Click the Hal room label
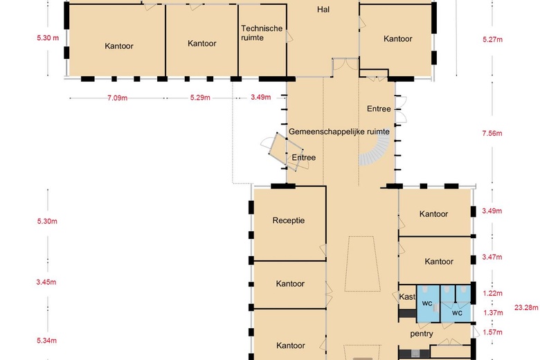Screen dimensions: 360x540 pos(323,10)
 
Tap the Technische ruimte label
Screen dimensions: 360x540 pos(262,33)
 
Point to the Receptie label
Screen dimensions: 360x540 pos(289,221)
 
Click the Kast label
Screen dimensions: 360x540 pos(407,297)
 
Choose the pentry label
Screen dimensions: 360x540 pos(422,334)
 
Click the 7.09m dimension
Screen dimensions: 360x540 pos(117,98)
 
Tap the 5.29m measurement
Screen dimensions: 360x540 pos(200,98)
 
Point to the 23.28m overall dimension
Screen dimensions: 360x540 pos(525,307)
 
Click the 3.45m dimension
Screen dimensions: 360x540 pos(47,282)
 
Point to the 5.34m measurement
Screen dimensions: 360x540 pos(47,341)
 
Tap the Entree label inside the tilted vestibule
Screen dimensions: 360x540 pos(303,158)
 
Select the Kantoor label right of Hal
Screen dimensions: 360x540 pos(397,39)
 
